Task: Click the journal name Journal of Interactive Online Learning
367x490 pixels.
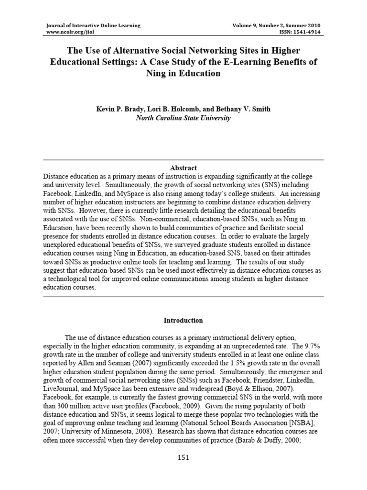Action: [x=93, y=25]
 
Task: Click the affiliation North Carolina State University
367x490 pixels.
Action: [x=183, y=118]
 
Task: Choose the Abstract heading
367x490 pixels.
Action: [x=183, y=168]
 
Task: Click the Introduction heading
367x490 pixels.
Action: [x=183, y=320]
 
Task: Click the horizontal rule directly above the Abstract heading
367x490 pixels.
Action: [x=183, y=159]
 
